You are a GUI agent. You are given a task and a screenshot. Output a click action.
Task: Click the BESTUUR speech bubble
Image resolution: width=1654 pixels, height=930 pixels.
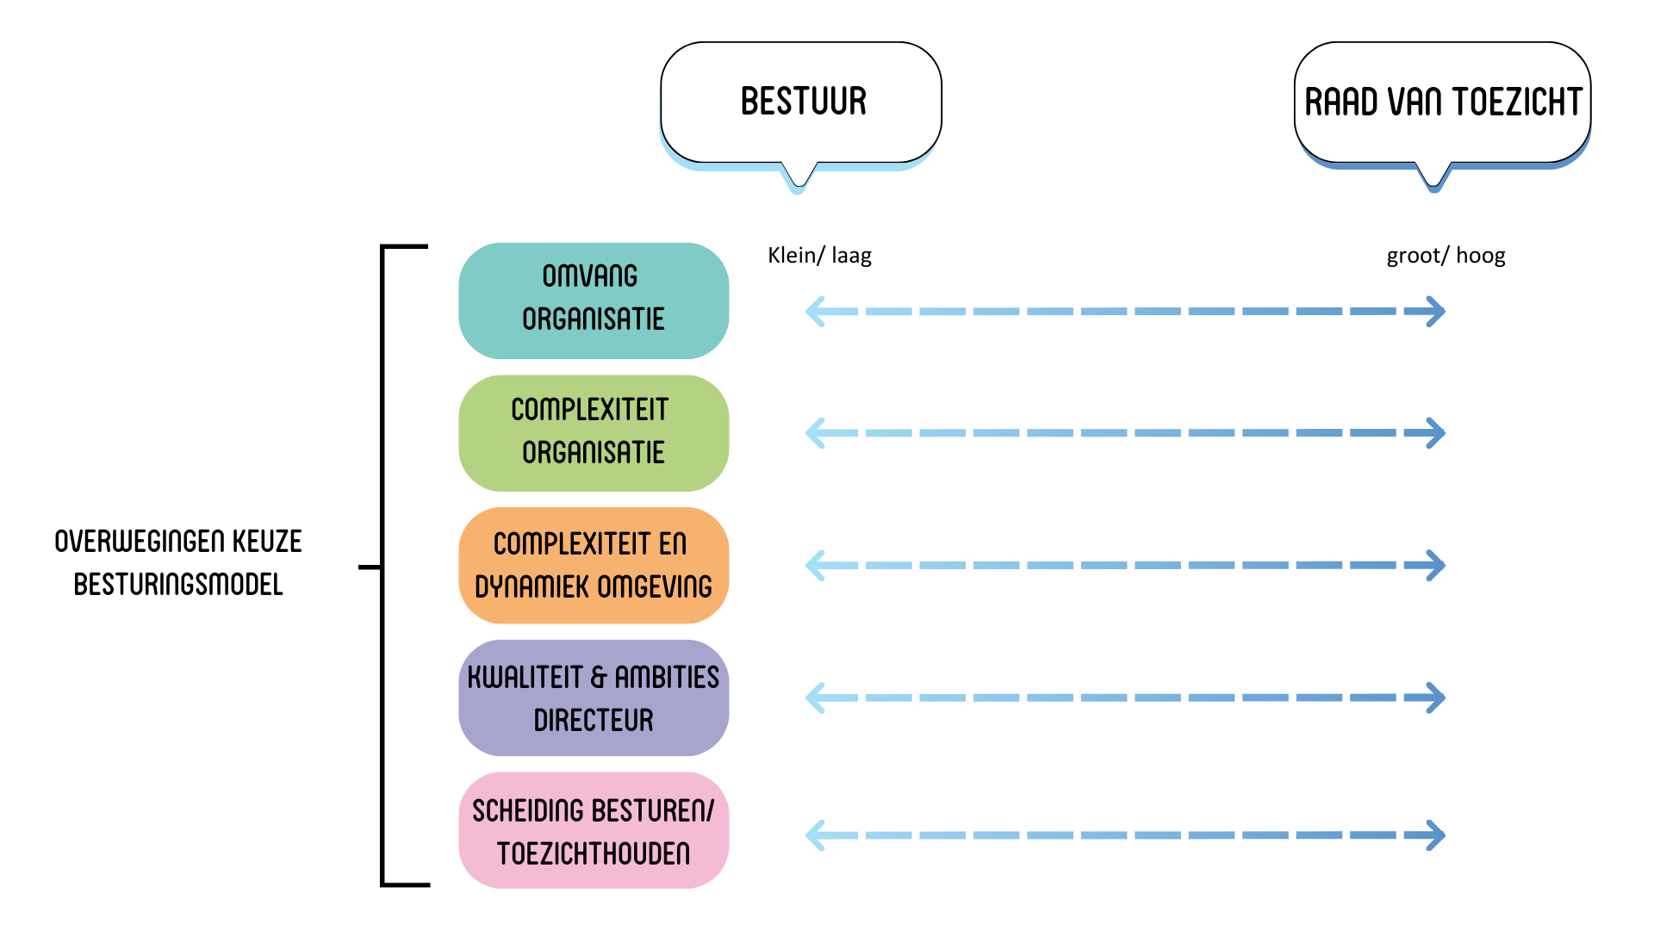801,102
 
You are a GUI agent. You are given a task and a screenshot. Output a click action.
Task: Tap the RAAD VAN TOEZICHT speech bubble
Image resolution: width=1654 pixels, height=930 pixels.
1442,102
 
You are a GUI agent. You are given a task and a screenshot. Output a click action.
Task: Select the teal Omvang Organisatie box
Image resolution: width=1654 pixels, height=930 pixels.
594,301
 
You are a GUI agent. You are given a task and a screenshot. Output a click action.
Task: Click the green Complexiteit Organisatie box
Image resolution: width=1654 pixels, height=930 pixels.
594,432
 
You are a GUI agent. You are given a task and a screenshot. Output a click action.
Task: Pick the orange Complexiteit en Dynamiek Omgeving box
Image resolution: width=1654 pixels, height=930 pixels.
594,565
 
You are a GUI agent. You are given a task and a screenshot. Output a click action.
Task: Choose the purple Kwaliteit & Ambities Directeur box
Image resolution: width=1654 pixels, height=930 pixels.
594,697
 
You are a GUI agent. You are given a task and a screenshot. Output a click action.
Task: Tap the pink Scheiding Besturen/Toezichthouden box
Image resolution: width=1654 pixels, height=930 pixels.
594,830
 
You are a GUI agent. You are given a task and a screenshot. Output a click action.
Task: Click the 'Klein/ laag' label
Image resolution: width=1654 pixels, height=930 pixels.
819,255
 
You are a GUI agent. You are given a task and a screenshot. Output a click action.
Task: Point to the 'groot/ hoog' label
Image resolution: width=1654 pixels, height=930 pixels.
1446,255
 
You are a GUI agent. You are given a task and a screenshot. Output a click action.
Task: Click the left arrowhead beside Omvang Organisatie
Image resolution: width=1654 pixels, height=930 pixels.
815,311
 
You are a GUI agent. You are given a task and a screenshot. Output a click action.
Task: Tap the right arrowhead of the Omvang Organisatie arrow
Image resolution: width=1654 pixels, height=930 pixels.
1435,311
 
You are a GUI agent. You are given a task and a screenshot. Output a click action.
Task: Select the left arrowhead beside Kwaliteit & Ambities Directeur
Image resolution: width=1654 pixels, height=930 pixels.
815,697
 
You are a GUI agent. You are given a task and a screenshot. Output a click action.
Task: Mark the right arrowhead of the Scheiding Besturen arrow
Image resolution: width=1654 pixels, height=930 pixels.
1435,834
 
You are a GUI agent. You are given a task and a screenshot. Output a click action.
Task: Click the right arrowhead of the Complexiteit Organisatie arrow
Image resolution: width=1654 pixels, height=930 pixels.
1435,432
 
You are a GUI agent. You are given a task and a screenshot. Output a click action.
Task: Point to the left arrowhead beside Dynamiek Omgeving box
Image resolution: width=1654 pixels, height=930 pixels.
815,565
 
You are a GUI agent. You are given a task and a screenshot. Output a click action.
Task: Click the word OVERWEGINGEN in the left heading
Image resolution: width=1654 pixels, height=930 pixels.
128,542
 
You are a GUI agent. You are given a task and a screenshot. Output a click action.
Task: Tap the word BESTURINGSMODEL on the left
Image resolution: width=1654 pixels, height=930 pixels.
178,585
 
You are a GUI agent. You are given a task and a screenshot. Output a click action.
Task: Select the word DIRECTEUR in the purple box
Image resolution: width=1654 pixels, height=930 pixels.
594,720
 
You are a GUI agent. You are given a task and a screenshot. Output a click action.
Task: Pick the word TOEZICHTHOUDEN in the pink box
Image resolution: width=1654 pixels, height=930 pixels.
594,853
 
